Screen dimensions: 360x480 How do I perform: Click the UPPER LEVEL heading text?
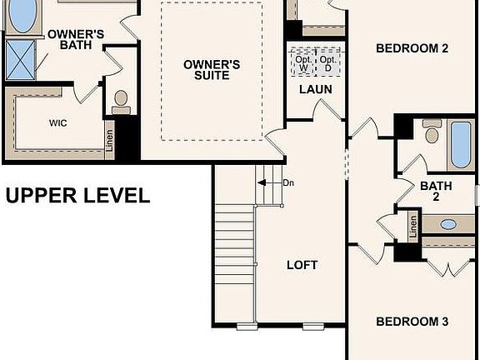click(77, 197)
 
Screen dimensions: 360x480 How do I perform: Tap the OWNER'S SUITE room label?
click(212, 70)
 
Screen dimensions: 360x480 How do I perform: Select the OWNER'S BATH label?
click(75, 39)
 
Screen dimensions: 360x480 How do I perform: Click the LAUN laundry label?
click(316, 90)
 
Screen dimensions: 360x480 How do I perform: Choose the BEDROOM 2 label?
click(412, 48)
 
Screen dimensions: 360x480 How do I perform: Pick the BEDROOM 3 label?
click(412, 322)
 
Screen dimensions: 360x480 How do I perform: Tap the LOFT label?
click(302, 265)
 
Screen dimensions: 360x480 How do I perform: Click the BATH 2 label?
click(435, 191)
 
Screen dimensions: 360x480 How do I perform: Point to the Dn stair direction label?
click(288, 182)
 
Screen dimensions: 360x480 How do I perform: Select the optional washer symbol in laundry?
click(303, 63)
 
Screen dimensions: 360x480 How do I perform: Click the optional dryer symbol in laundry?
click(328, 63)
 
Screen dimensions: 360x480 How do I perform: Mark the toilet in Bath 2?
click(432, 132)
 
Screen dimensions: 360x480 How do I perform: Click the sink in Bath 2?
click(448, 224)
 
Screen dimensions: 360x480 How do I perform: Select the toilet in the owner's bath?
click(122, 100)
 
